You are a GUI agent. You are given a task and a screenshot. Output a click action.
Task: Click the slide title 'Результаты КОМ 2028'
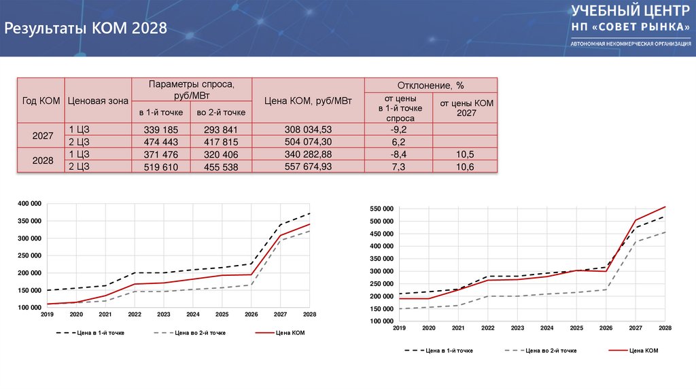[x=86, y=29]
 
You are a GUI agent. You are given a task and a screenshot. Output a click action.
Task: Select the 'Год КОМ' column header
[x=41, y=101]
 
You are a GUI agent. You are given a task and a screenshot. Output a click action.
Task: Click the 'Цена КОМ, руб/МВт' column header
[x=308, y=101]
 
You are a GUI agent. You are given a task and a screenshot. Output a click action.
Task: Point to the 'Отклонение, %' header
[x=431, y=86]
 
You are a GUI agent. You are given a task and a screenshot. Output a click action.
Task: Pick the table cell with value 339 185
[x=161, y=129]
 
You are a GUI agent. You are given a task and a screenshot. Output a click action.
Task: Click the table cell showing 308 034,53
[x=308, y=129]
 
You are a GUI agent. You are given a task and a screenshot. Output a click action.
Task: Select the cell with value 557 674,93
[x=308, y=166]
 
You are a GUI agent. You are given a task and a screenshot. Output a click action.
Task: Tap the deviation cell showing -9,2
[x=398, y=129]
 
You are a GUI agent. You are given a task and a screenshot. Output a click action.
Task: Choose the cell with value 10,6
[x=466, y=166]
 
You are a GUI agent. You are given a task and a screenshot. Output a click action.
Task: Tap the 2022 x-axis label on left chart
[x=135, y=315]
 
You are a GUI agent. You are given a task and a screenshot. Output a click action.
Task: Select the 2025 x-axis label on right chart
[x=576, y=328]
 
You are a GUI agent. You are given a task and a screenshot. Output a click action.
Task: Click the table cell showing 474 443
[x=161, y=141]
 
